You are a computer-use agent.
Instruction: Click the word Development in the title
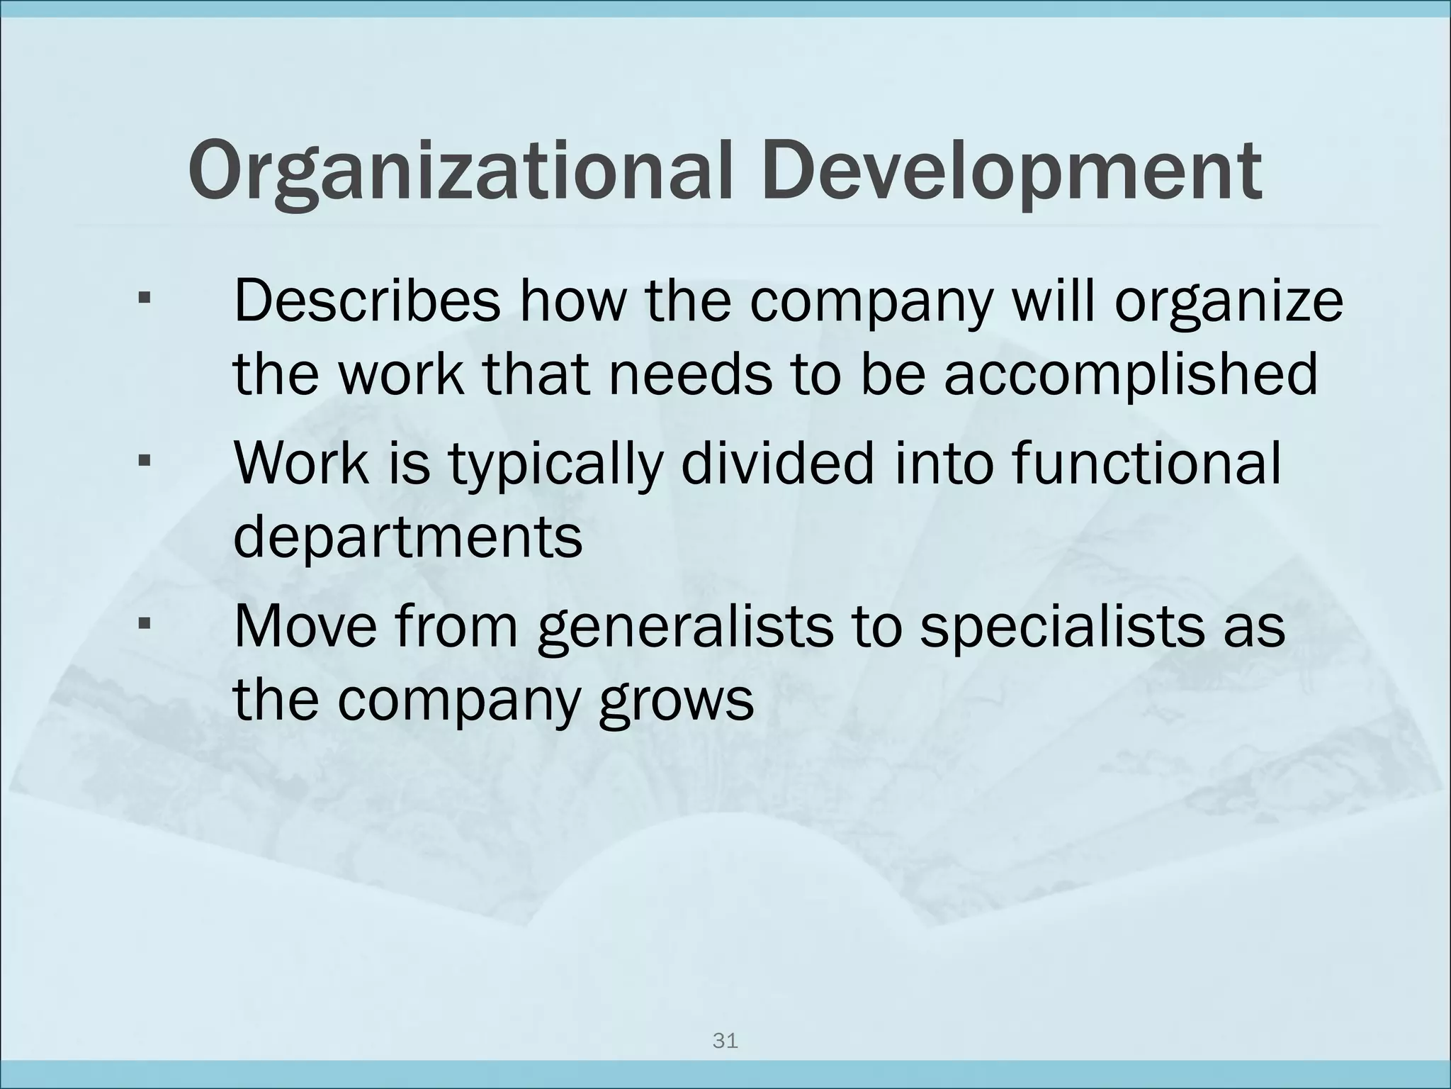coord(1013,172)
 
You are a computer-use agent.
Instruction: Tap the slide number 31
coord(725,1041)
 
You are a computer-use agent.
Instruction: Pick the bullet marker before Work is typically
coord(145,462)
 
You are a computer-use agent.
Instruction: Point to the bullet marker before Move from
coord(145,625)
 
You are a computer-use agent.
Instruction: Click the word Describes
coord(367,301)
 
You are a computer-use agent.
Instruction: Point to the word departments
coord(407,537)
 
